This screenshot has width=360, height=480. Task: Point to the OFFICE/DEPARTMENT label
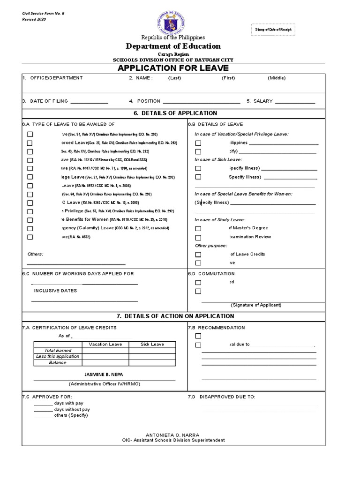tap(56, 78)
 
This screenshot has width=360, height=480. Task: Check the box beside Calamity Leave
tap(30, 228)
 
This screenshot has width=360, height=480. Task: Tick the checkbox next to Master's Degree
tap(198, 228)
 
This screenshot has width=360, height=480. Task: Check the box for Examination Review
tap(198, 237)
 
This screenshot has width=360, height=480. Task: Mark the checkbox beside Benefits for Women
tap(30, 220)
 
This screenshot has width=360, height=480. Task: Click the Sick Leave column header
tap(152, 344)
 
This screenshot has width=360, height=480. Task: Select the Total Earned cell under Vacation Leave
tap(105, 350)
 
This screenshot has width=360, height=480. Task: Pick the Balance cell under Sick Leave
tap(152, 362)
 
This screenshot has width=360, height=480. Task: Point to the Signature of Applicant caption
tap(256, 305)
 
